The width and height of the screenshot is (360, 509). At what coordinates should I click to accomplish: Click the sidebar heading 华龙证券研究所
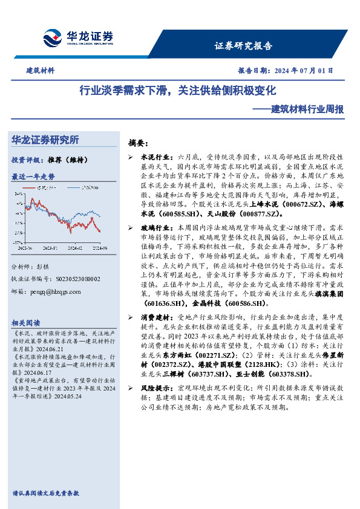45,140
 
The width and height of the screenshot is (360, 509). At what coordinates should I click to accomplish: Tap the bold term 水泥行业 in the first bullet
157,157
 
